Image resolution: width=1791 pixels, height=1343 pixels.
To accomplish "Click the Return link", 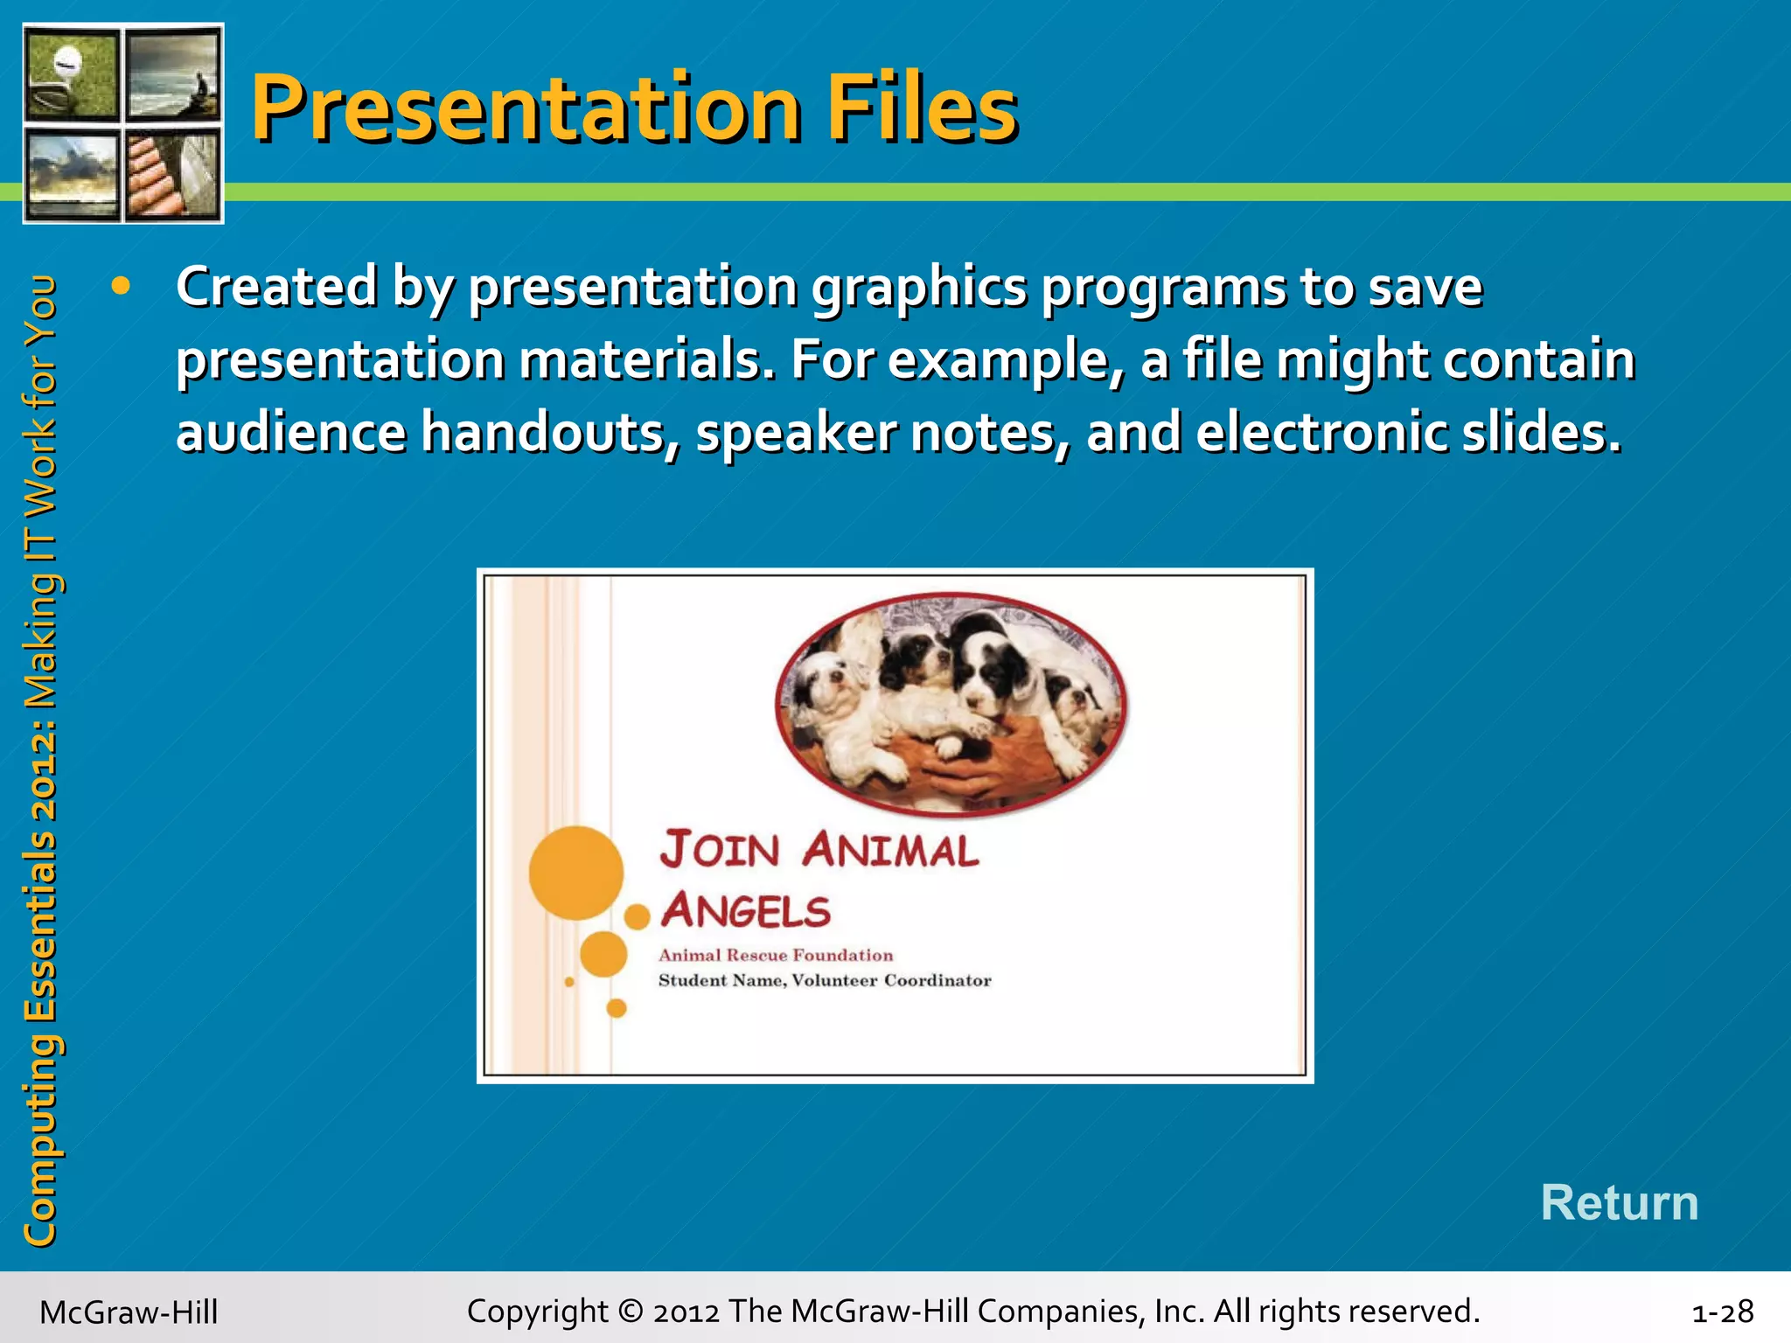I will pyautogui.click(x=1619, y=1202).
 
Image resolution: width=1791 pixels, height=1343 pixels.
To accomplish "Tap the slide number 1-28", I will pyautogui.click(x=1722, y=1312).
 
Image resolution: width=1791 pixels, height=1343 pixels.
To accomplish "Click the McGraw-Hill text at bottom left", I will pyautogui.click(x=129, y=1312).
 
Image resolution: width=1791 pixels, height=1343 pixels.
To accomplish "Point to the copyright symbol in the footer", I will pyautogui.click(x=629, y=1312).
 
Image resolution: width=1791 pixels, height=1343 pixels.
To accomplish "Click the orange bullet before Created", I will pyautogui.click(x=121, y=286).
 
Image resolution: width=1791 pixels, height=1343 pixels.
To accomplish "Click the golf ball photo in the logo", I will pyautogui.click(x=72, y=73).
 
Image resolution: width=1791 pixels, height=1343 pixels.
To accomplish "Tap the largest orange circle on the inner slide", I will pyautogui.click(x=575, y=872).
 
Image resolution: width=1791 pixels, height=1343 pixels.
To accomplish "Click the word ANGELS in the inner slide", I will pyautogui.click(x=745, y=911).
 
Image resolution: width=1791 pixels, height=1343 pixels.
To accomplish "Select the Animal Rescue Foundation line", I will pyautogui.click(x=776, y=955).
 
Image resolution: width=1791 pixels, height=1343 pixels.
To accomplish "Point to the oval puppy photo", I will pyautogui.click(x=951, y=704).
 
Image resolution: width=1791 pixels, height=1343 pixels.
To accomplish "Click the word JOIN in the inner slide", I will pyautogui.click(x=720, y=850).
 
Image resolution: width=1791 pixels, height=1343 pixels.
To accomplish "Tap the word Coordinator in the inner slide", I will pyautogui.click(x=937, y=980).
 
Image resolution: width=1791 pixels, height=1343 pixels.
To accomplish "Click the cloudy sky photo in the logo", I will pyautogui.click(x=72, y=173).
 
